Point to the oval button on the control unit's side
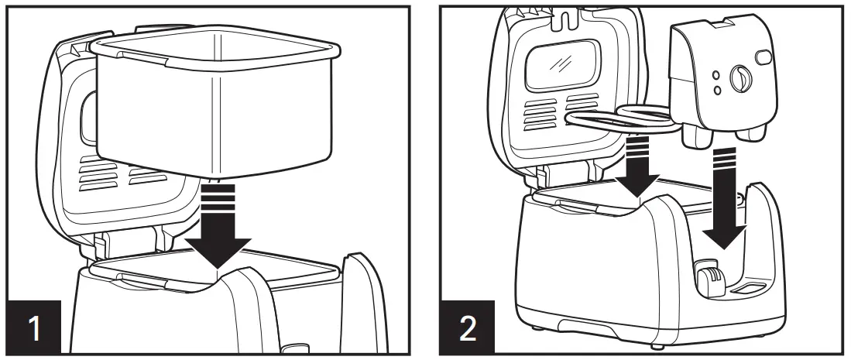pyautogui.click(x=763, y=56)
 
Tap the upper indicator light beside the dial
pyautogui.click(x=718, y=77)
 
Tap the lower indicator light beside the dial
pyautogui.click(x=718, y=90)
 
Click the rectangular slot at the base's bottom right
pyautogui.click(x=748, y=288)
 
